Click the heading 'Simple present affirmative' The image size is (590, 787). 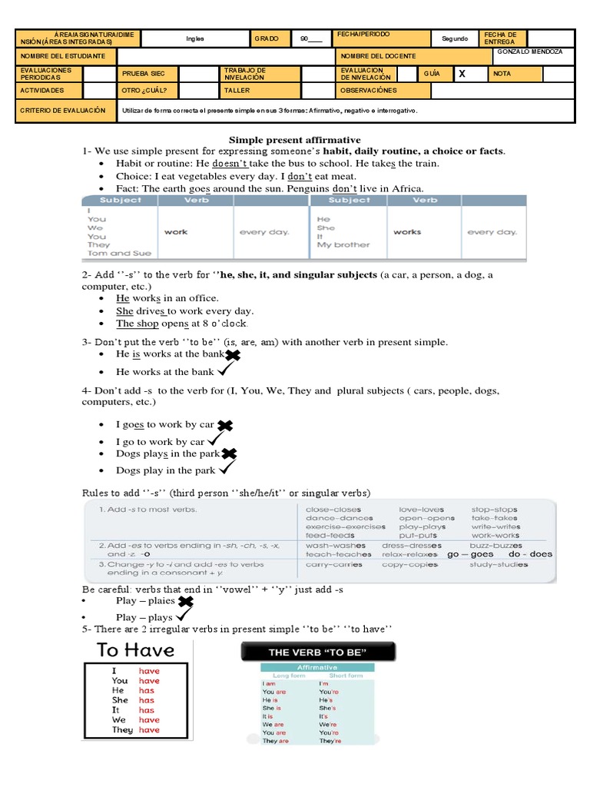point(296,140)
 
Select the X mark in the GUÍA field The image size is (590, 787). point(462,74)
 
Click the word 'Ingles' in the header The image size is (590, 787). point(195,38)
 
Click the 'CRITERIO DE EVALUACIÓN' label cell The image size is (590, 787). point(63,111)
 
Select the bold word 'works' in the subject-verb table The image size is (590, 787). point(407,231)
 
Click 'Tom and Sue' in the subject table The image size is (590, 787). point(120,253)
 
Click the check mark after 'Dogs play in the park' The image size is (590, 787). point(227,468)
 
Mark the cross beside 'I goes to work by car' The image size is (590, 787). point(225,425)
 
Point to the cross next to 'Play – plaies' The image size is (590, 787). point(185,601)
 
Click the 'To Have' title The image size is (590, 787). point(137,650)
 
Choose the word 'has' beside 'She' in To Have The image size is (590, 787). point(146,700)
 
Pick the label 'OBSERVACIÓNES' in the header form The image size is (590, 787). point(369,91)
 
